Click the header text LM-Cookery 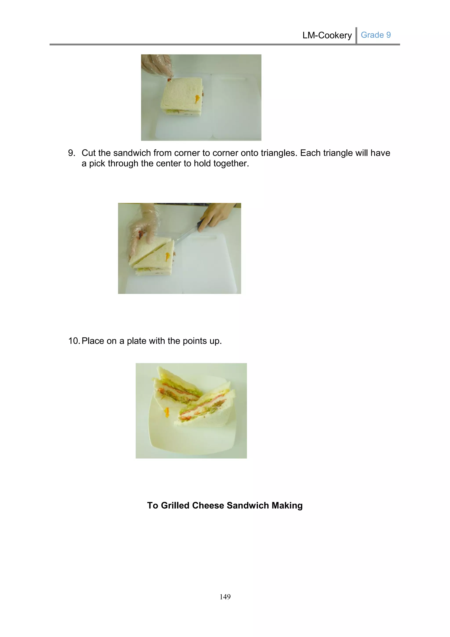pos(327,35)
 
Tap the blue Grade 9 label pos(376,35)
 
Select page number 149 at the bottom pos(225,597)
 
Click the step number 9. pos(71,153)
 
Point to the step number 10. pos(74,341)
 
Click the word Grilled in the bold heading pos(175,505)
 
